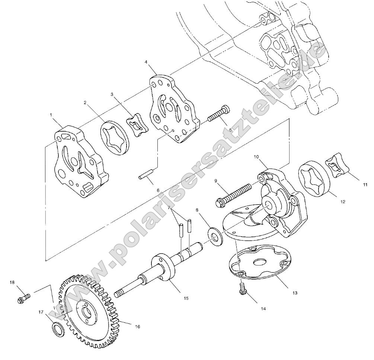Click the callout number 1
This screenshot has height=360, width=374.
51,115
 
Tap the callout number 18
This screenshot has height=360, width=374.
12,282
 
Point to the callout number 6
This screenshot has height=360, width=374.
158,190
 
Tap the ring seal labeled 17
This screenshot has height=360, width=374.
57,328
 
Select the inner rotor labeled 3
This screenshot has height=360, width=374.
137,125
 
